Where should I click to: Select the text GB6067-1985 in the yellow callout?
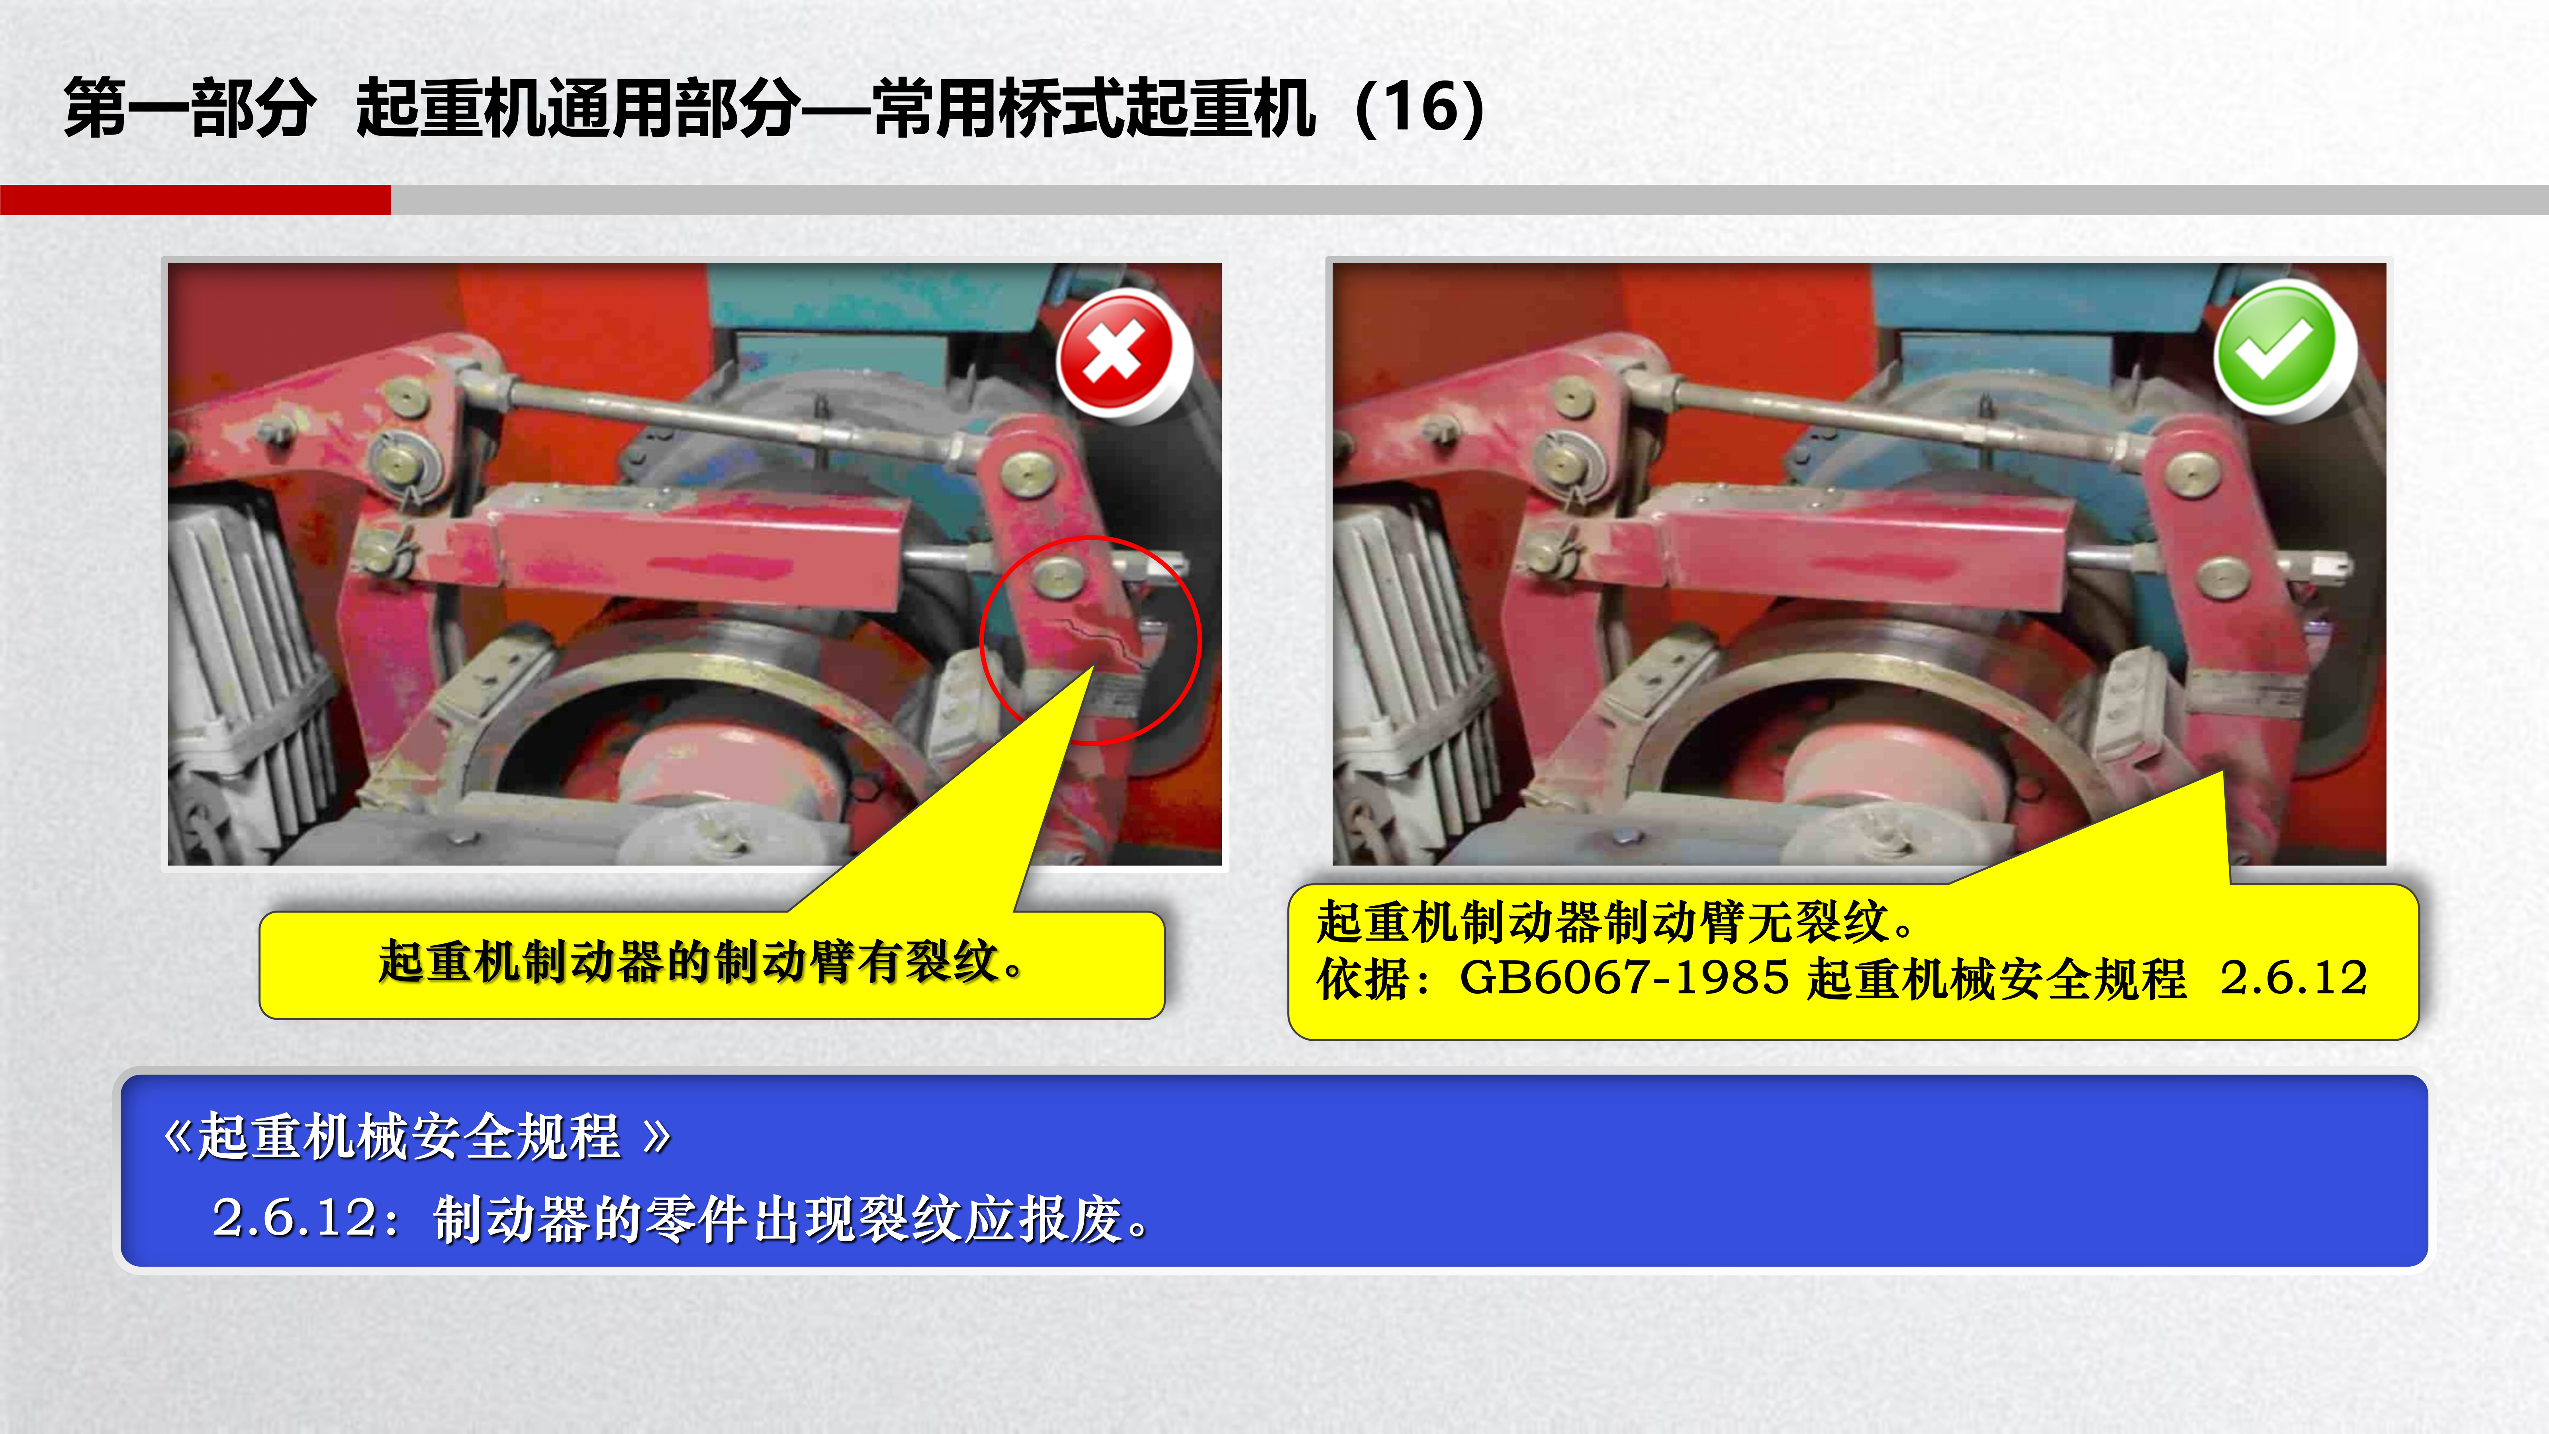coord(1624,978)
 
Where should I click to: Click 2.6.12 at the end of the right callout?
coord(2294,978)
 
